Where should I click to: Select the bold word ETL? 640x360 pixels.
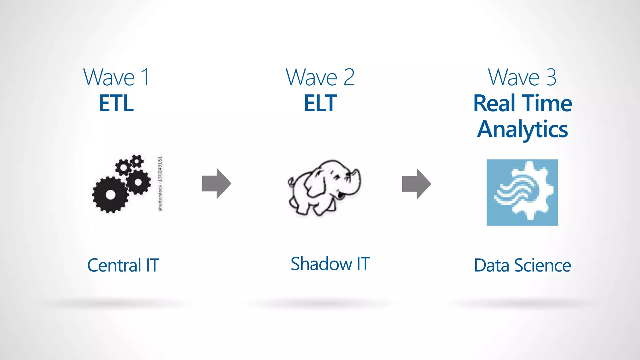116,103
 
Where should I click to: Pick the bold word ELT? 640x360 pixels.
320,103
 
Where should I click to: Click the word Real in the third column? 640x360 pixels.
494,103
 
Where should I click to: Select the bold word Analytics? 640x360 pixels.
522,129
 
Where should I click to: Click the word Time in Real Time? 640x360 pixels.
547,103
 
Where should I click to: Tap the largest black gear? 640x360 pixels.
110,194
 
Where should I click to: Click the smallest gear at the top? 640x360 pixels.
137,161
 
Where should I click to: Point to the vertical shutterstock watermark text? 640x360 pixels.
160,184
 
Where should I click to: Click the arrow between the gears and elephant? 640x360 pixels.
217,183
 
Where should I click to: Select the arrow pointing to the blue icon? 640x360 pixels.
416,184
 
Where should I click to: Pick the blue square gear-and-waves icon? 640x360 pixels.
522,192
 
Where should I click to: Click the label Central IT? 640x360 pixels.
123,265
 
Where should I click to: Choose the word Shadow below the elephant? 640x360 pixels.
321,264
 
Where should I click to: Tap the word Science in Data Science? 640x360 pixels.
542,265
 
